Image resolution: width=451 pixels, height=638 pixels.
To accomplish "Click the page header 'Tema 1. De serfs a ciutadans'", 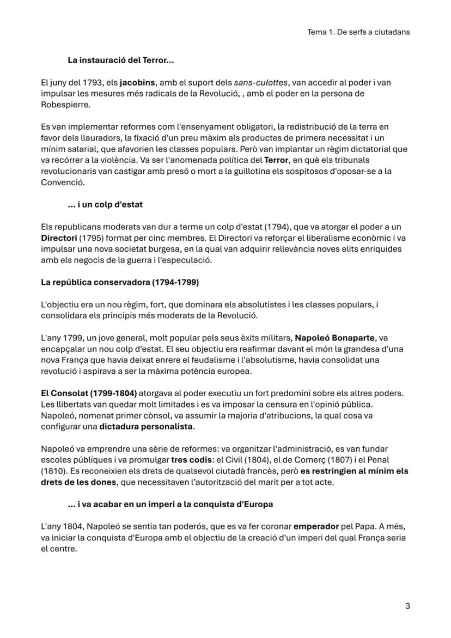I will (358, 32).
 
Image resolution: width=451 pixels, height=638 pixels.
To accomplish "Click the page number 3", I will (407, 606).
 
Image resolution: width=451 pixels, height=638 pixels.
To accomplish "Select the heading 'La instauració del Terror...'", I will (120, 59).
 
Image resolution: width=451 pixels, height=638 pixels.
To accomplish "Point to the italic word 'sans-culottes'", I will (261, 83).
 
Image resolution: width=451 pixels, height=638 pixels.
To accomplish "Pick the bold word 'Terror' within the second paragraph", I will (276, 160).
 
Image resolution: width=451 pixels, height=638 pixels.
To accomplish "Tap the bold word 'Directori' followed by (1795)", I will (59, 238).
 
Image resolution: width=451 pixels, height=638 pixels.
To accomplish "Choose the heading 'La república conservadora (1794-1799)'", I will (120, 282).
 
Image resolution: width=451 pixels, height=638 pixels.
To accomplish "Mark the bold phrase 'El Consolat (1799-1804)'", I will (89, 393).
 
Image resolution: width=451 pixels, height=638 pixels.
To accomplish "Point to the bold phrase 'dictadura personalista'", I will (146, 427).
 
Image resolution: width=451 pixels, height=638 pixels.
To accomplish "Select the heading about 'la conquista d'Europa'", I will (170, 504).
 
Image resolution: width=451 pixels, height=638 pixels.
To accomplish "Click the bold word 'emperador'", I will (316, 527).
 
